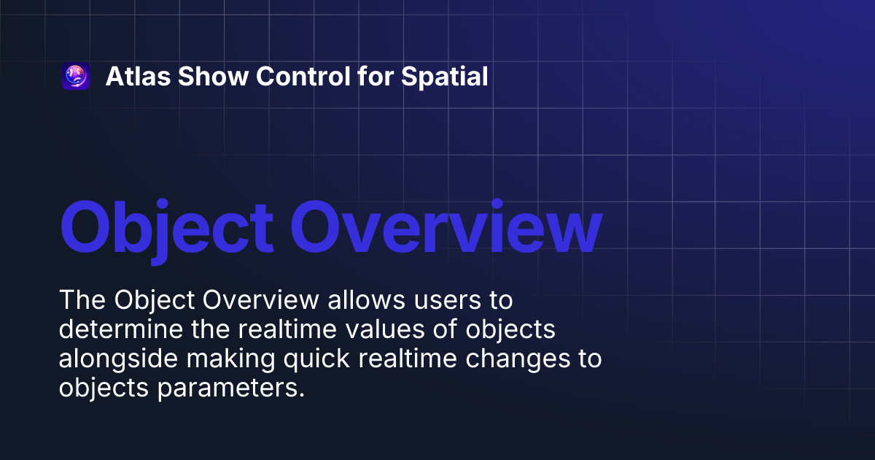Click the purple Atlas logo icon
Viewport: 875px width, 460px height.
(76, 77)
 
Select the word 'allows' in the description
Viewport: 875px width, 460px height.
(366, 301)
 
